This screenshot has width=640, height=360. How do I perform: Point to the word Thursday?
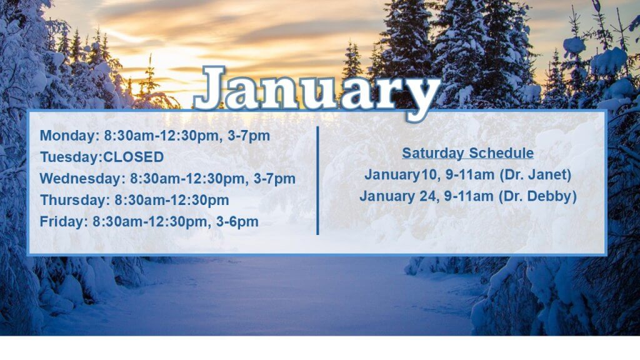tap(73, 200)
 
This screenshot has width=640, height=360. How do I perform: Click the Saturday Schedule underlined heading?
tap(467, 153)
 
